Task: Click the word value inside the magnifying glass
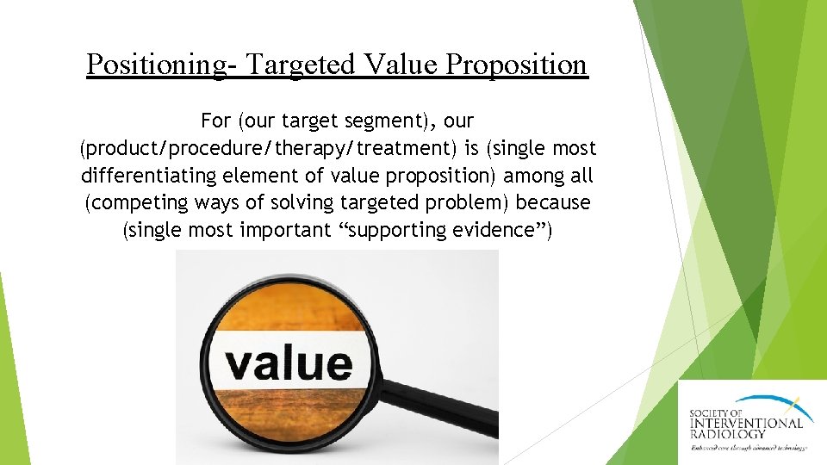click(289, 363)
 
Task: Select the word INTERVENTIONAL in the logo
click(746, 423)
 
